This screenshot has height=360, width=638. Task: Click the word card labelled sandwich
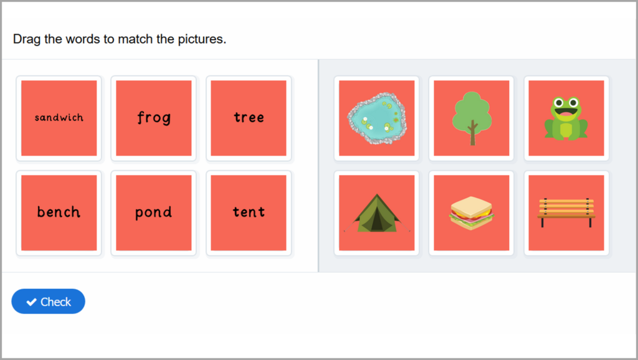[x=59, y=118]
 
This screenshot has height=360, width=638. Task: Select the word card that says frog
[x=153, y=118]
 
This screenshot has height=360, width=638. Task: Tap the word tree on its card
[x=249, y=117]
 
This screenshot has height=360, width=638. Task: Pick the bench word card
[x=59, y=212]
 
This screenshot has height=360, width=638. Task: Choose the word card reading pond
[x=153, y=212]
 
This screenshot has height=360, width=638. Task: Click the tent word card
[x=249, y=212]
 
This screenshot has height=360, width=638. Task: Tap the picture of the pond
[x=376, y=118]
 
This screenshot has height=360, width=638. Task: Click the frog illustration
[x=566, y=118]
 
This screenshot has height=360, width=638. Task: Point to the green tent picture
[x=376, y=213]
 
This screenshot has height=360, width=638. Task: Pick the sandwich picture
[x=472, y=213]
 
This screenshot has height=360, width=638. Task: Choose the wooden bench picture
[x=566, y=212]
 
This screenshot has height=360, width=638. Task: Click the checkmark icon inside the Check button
[x=31, y=302]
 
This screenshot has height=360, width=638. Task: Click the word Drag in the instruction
[x=27, y=39]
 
